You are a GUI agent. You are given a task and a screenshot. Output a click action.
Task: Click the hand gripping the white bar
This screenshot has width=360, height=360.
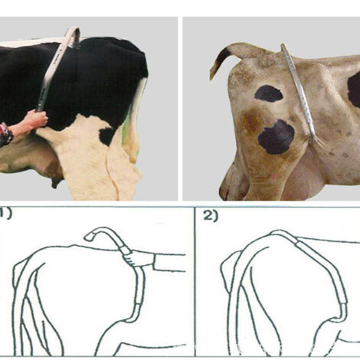[x=38, y=117]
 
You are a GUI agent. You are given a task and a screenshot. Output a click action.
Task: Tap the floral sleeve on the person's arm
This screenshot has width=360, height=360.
[x=5, y=135]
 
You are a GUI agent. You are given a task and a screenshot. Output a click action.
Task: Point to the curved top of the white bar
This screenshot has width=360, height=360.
[x=73, y=31]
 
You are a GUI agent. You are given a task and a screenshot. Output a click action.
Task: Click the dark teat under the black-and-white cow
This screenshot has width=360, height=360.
[x=56, y=182]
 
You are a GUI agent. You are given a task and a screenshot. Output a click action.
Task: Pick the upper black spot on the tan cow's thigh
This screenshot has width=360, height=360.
[x=269, y=93]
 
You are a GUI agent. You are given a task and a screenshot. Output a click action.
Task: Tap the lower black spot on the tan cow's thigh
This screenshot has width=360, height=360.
[x=277, y=137]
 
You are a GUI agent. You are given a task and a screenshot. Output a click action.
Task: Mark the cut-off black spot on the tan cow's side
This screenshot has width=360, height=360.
[x=354, y=90]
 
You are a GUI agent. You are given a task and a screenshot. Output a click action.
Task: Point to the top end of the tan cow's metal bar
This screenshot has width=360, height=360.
[x=283, y=46]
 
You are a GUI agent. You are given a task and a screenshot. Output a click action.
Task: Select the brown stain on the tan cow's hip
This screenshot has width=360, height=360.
[x=251, y=120]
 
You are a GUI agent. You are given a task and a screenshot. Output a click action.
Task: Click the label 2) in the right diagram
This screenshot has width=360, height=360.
[x=211, y=217]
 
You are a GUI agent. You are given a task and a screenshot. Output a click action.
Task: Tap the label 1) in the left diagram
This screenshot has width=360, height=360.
[x=5, y=214]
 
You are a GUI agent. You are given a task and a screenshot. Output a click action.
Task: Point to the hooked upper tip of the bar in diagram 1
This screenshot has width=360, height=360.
[x=89, y=237]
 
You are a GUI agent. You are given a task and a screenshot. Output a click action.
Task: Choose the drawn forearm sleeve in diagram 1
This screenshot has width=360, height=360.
[x=169, y=262]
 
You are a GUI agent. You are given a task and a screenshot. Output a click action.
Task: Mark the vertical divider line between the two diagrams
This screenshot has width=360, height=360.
[x=195, y=281]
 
